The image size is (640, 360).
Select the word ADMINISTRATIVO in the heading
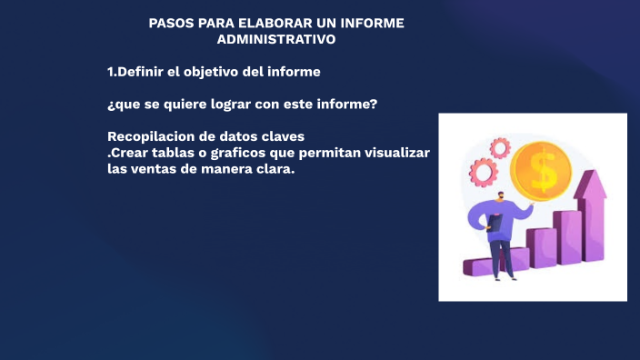(276, 39)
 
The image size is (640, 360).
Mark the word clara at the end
(275, 169)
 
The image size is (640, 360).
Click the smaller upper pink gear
(499, 146)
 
